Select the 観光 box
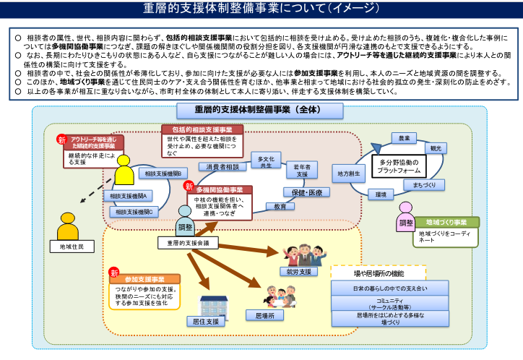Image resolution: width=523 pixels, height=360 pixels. pos(435,147)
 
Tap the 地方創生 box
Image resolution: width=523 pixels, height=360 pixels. pos(349,173)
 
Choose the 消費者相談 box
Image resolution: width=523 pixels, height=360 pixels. pos(222,167)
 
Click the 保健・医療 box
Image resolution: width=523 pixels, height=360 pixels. pos(306,192)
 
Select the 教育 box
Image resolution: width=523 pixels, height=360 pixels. pos(280,206)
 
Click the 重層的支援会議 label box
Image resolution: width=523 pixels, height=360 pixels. pos(188,244)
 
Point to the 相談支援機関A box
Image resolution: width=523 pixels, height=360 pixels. pos(129,196)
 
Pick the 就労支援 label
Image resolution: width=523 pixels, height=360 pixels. pos(298,272)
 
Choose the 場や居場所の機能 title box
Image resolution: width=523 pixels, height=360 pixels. pos(379,273)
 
